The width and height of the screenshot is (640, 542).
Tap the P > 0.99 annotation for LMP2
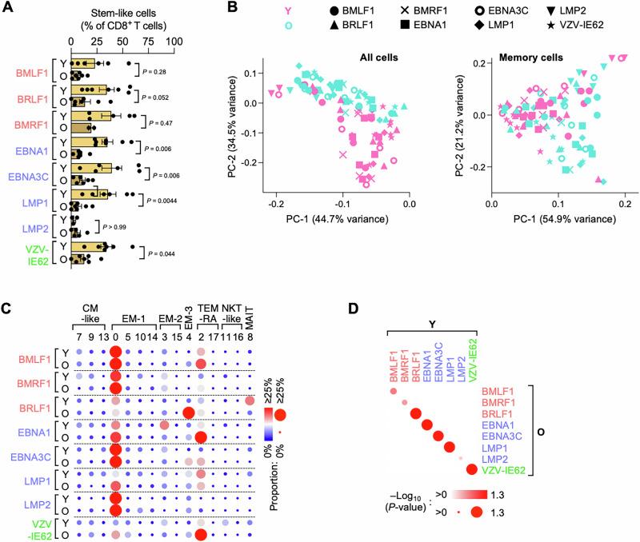click(x=115, y=225)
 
